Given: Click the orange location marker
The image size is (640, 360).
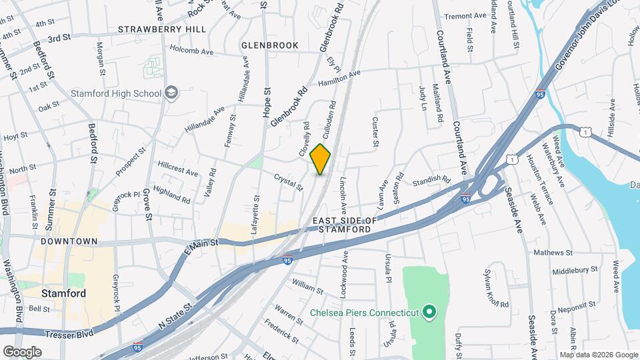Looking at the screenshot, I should pos(321,159).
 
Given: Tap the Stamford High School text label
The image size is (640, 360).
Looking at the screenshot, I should pos(117,93).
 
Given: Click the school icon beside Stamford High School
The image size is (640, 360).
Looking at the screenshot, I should pos(172,93).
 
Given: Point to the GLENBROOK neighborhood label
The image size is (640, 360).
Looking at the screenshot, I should pos(269,45).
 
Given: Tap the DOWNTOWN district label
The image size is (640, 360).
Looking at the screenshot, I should pos(69,241).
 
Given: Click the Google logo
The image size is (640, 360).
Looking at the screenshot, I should pos(21,351).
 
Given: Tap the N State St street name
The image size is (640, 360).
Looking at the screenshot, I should pos(175,315).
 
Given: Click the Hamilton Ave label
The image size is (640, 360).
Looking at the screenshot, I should pos(339,77).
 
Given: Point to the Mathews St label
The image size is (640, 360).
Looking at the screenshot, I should pos(553,253).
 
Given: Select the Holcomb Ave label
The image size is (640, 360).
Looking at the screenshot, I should pos(191,50).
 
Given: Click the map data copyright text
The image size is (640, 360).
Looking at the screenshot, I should pos(598,355).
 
